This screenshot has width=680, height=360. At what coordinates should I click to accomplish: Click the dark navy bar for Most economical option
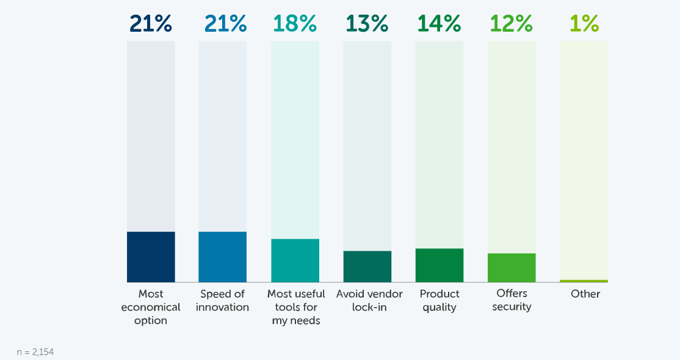click(151, 257)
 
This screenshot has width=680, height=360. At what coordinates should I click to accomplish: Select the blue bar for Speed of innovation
click(223, 257)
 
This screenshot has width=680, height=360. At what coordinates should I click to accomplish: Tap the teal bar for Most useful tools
click(295, 261)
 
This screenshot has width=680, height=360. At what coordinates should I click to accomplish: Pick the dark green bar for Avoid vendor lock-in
click(367, 267)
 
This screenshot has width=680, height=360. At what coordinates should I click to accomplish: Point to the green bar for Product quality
click(439, 265)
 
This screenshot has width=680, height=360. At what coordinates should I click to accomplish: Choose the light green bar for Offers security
click(512, 268)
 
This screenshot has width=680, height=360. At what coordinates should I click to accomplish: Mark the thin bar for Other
click(584, 281)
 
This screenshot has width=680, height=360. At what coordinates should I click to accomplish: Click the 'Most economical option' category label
click(151, 307)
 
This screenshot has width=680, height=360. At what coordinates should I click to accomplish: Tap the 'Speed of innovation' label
click(223, 300)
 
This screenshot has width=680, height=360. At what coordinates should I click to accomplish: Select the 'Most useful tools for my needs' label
click(296, 307)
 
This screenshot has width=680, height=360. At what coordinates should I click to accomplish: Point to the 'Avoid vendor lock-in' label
click(369, 300)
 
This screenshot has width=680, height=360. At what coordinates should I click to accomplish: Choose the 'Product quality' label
click(439, 300)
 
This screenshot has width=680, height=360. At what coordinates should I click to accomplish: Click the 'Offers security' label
click(512, 300)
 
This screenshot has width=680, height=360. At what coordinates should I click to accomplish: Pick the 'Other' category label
click(585, 294)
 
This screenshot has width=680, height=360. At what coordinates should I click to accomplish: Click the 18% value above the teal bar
click(295, 24)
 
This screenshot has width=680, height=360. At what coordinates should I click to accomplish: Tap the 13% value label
click(367, 24)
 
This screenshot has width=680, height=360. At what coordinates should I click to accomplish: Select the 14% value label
click(439, 24)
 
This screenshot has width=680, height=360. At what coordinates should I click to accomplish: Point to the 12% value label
click(512, 24)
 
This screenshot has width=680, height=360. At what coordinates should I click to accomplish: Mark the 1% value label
click(584, 24)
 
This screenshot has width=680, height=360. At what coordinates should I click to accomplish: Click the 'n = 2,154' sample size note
click(35, 352)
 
